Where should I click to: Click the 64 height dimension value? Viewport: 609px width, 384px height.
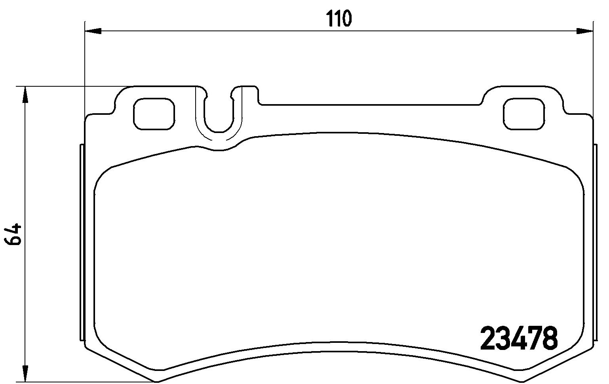[x=13, y=234]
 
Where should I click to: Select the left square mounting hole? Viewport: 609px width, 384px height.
[x=154, y=114]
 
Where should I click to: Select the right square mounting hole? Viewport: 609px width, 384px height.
[x=524, y=114]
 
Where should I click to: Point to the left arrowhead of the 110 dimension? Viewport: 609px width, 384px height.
[x=93, y=31]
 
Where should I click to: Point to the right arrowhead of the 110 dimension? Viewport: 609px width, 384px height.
[x=585, y=31]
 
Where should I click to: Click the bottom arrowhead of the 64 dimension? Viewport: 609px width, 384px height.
[x=25, y=374]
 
